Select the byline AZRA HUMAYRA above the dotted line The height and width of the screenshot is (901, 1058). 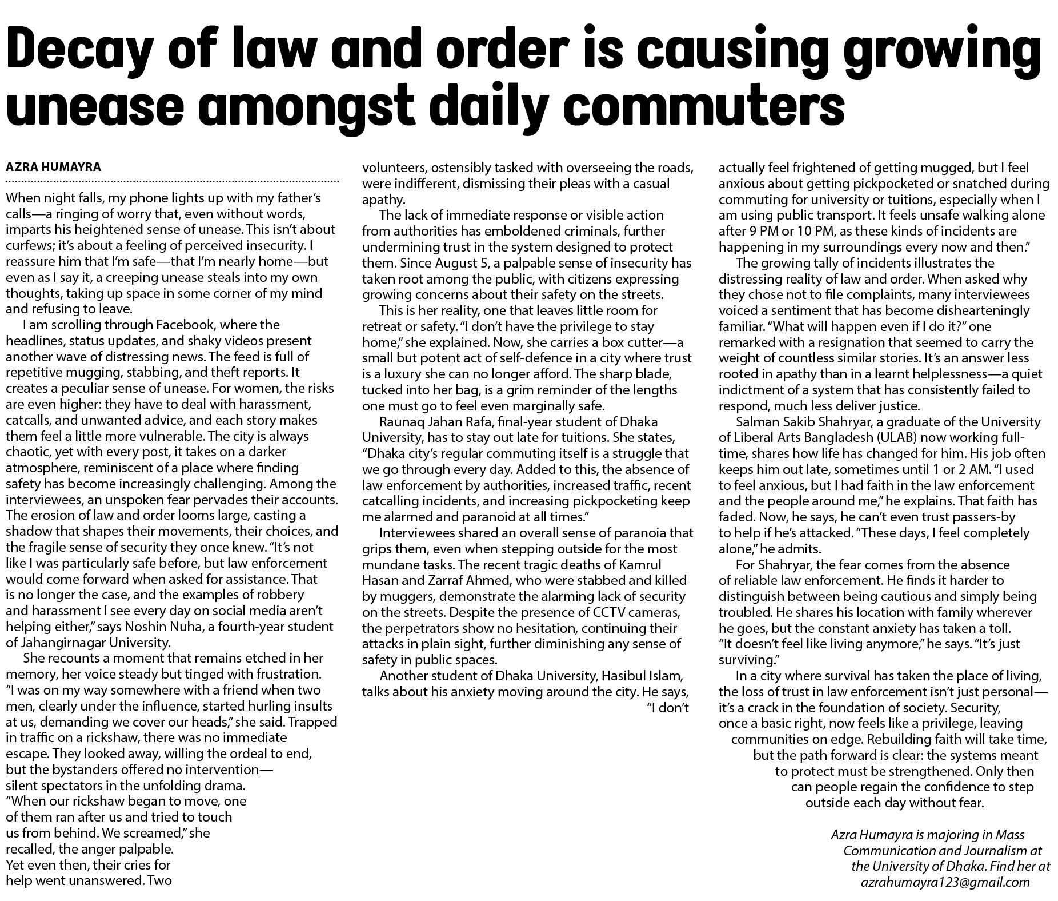point(53,168)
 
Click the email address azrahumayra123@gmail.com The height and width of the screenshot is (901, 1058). point(945,882)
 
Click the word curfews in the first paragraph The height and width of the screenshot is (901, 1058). point(27,245)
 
